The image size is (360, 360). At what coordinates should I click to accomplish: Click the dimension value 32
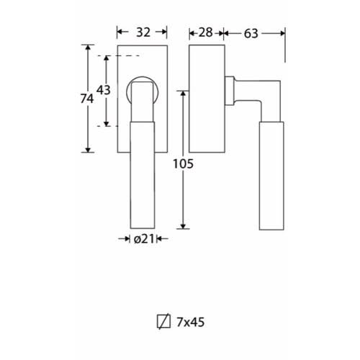(143, 32)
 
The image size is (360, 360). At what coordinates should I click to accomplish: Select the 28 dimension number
(206, 32)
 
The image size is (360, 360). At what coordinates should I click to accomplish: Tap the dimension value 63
(251, 33)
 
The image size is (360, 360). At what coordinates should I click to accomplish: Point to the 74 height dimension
(87, 99)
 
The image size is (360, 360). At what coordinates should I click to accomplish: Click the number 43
(104, 90)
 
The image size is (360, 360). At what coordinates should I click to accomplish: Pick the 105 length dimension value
(183, 164)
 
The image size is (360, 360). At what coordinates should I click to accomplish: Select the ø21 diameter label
(144, 239)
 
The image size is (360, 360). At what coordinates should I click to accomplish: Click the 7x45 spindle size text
(191, 322)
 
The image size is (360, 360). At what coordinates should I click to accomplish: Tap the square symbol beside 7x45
(163, 321)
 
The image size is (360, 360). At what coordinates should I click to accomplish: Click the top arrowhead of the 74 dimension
(88, 48)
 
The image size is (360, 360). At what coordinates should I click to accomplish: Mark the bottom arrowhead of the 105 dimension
(183, 226)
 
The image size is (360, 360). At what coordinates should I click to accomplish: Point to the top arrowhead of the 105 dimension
(183, 94)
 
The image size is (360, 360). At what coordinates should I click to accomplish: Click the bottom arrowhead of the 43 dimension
(107, 124)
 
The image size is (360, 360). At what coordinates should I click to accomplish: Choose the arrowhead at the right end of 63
(282, 33)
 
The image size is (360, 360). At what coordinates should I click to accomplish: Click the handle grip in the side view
(271, 176)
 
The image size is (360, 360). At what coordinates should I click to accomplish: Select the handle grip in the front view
(143, 175)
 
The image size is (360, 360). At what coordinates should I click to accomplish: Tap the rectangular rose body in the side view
(207, 99)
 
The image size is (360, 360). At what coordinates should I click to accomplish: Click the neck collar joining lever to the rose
(230, 91)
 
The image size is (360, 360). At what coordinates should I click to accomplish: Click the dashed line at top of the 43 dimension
(119, 56)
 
